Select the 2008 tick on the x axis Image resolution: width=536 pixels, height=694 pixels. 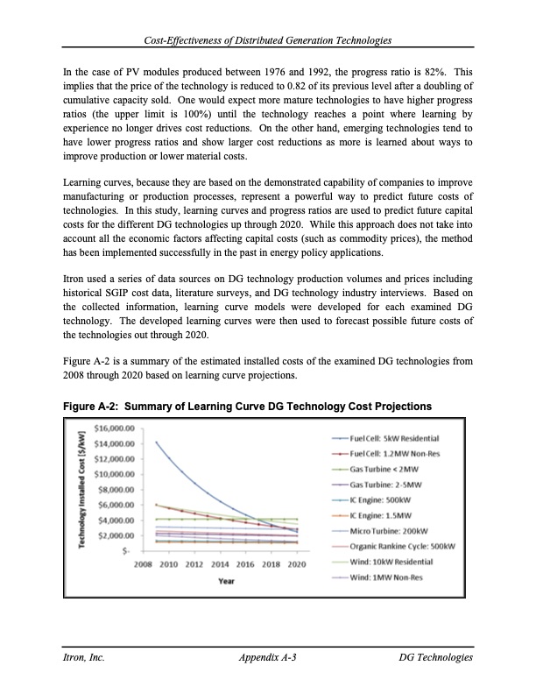[x=145, y=564]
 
